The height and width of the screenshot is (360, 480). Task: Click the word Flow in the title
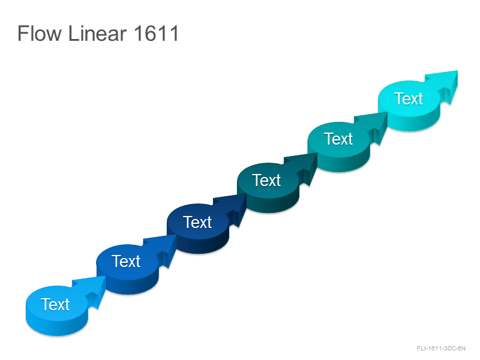(40, 34)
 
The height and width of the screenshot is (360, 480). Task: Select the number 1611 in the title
(156, 34)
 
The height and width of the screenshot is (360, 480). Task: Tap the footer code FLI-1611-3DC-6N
(441, 349)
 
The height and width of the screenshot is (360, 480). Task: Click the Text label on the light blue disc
(55, 304)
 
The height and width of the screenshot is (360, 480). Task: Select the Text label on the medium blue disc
(126, 262)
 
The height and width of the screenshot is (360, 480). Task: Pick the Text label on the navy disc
(197, 222)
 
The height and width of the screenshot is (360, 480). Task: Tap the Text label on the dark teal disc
(266, 180)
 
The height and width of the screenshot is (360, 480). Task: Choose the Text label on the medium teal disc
(338, 139)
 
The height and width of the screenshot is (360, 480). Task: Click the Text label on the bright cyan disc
(409, 98)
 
